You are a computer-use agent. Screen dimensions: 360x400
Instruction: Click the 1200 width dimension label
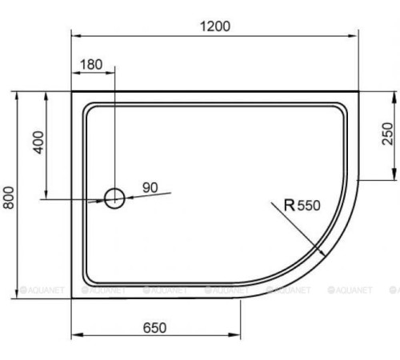tap(214, 26)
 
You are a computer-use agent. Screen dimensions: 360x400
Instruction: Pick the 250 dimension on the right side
tap(386, 134)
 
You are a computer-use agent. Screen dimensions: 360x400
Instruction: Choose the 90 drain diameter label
tap(150, 187)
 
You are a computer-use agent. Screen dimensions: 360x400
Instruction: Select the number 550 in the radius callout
tap(308, 206)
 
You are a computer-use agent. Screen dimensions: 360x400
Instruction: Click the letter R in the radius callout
tap(290, 206)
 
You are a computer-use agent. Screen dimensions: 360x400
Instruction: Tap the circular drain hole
tap(115, 197)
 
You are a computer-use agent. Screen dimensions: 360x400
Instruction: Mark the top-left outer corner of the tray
tap(72, 91)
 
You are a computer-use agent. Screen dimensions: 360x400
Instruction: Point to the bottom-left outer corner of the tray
tap(72, 298)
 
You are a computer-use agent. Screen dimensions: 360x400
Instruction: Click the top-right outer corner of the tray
tap(357, 91)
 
